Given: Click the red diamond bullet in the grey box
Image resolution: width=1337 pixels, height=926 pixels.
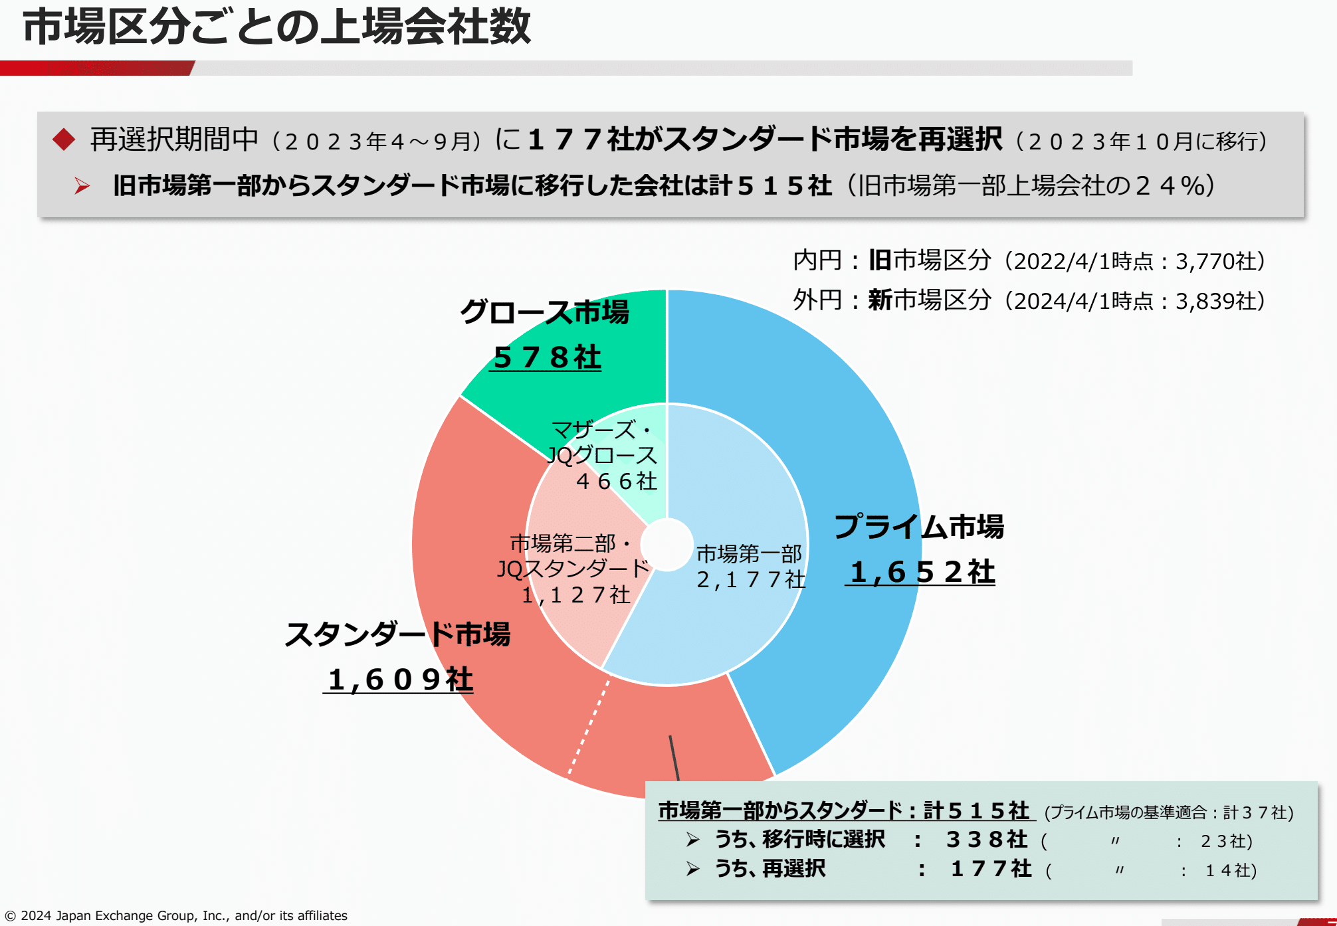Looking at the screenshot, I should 64,139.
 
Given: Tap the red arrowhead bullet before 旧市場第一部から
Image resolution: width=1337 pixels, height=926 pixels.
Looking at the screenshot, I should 82,186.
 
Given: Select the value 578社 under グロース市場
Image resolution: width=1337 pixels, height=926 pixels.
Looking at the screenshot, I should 546,357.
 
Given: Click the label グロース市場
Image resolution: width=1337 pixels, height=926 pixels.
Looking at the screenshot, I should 544,312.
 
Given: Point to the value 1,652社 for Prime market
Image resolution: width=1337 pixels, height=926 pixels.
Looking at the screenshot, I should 921,572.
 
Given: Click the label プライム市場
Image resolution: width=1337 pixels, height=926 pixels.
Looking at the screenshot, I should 919,526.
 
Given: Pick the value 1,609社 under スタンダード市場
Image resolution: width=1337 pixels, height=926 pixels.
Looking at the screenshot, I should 399,680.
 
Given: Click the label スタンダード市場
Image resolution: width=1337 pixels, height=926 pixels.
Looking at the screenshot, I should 397,634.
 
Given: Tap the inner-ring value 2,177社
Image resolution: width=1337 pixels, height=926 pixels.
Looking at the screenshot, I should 750,580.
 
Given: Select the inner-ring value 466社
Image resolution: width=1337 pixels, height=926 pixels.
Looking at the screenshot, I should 616,481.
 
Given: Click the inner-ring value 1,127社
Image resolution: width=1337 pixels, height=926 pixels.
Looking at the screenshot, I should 575,595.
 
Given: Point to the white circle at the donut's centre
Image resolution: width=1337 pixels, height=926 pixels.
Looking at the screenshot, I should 667,545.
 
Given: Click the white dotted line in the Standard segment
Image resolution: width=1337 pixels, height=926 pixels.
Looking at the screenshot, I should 589,727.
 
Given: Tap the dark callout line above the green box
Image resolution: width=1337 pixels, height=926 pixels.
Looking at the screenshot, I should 674,757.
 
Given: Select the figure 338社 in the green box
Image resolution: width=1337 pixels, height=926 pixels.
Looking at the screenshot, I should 986,840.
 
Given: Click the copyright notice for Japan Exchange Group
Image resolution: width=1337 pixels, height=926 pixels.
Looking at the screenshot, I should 176,915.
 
